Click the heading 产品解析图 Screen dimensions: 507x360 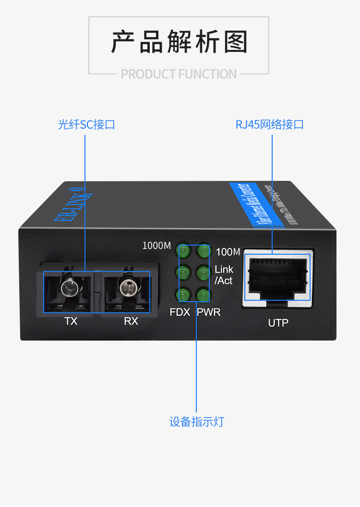point(180,42)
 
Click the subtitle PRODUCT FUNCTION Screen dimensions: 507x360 point(179,74)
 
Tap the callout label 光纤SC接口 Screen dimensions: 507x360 point(86,125)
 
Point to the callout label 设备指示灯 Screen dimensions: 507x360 point(196,422)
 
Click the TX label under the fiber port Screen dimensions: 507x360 point(71,321)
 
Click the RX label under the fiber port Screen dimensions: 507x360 point(131,321)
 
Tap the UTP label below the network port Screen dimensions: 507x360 point(278,323)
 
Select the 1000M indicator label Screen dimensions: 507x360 point(156,246)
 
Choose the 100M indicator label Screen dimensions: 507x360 point(228,251)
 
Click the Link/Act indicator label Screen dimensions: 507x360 point(224,275)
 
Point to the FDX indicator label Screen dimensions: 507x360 point(180,312)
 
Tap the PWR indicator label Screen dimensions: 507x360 point(209,312)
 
